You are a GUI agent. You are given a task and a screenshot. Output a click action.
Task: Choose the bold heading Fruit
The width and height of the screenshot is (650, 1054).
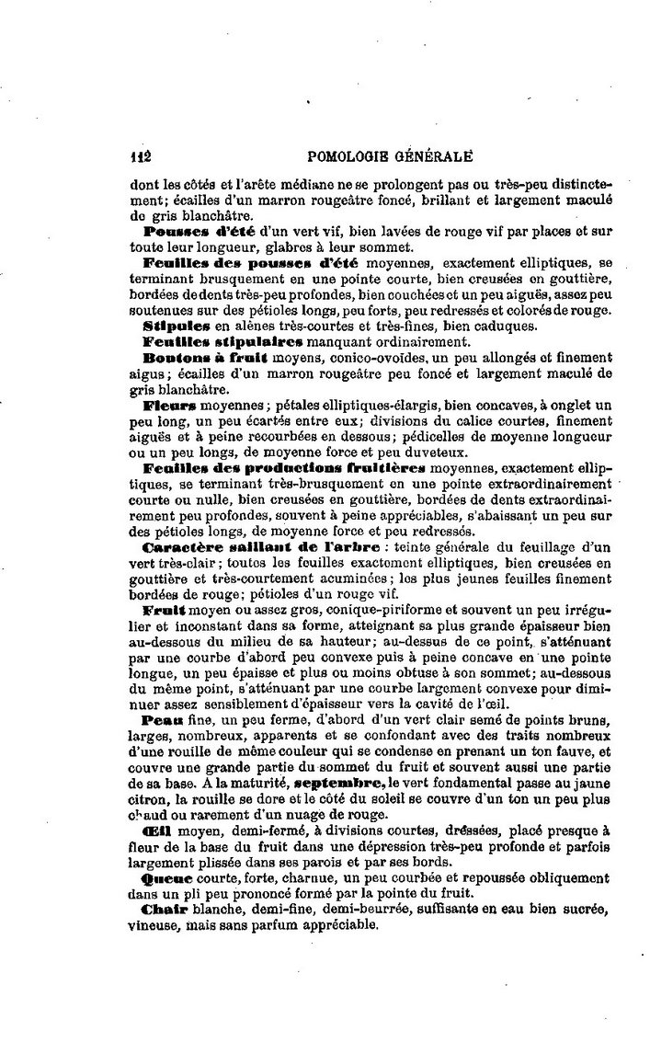(165, 609)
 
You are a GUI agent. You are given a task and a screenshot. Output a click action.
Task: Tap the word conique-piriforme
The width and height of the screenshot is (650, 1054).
(344, 609)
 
